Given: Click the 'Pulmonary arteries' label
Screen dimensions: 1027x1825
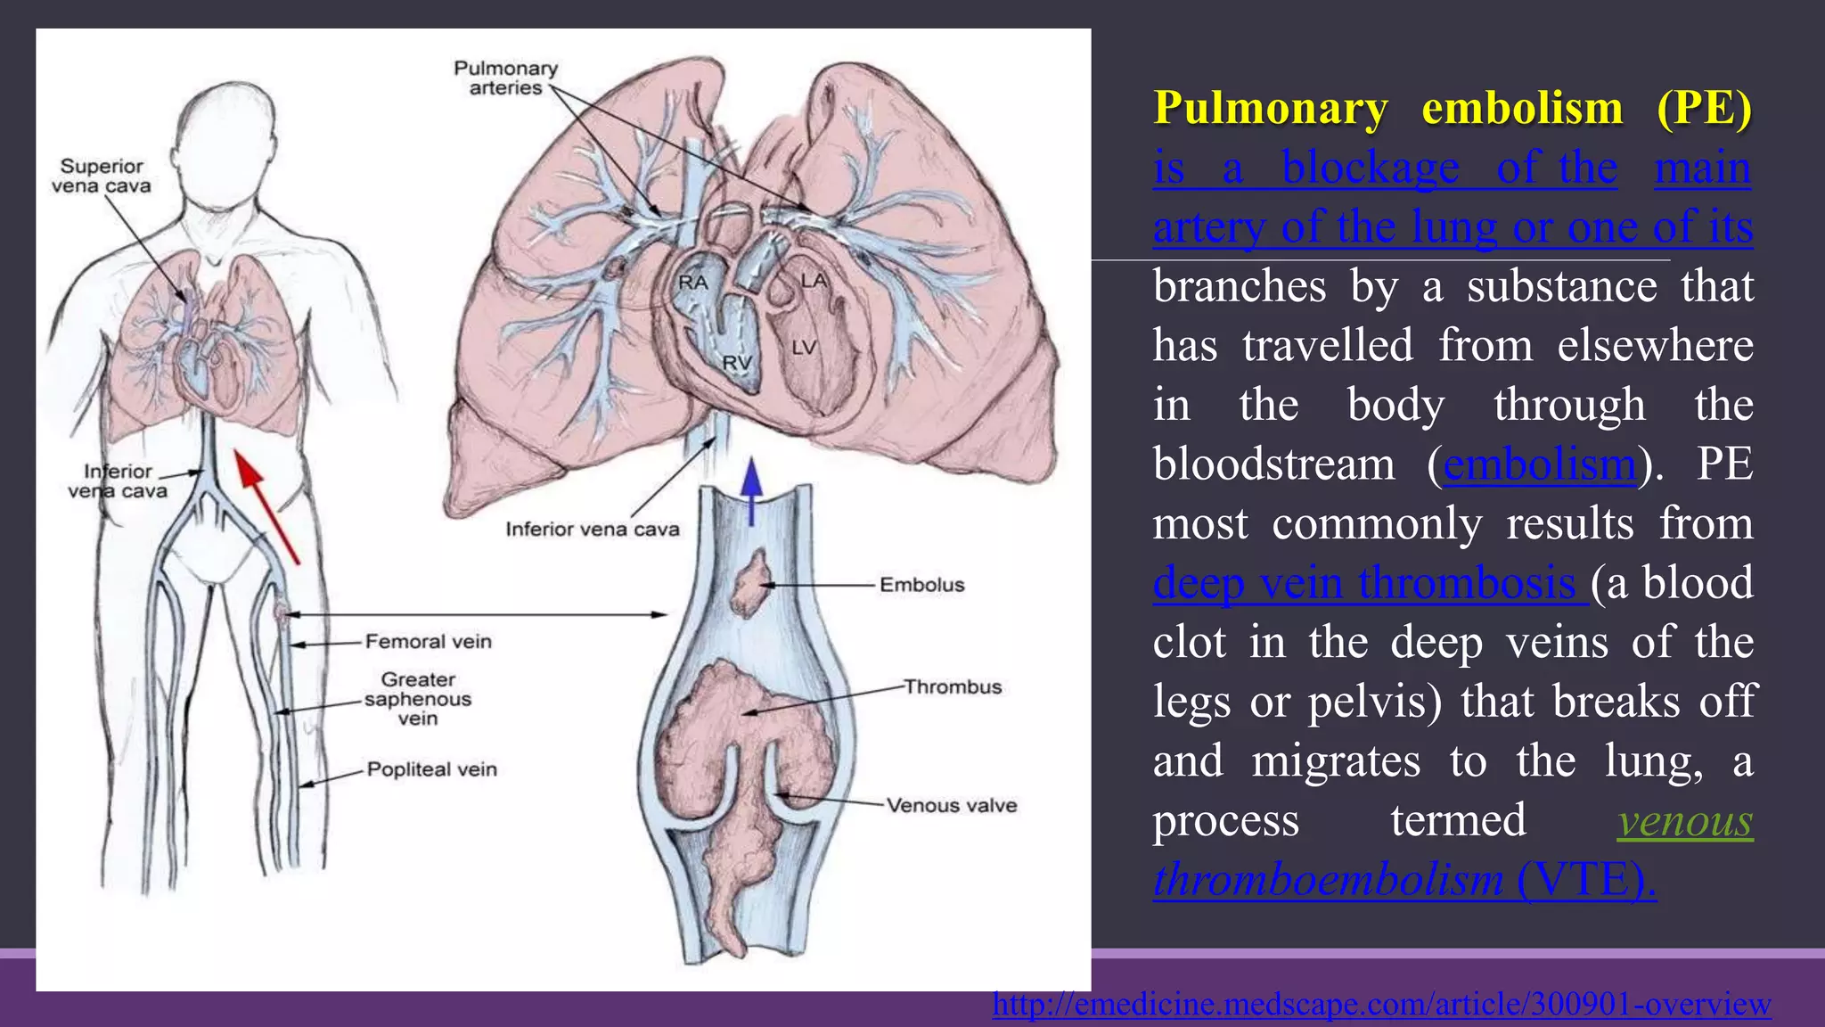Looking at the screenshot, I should coord(505,78).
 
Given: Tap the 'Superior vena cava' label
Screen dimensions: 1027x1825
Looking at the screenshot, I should coord(101,176).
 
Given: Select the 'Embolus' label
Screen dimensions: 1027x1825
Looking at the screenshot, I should coord(921,585).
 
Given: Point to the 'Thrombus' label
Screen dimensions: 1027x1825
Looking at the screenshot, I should coord(953,686).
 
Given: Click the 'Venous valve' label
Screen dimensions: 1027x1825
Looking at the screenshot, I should coord(951,805).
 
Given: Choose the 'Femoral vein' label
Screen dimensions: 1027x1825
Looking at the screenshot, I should coord(428,641).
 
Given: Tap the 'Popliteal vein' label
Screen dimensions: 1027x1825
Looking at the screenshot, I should coord(431,768).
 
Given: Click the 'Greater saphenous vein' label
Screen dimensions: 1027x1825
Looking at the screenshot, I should coord(418,699).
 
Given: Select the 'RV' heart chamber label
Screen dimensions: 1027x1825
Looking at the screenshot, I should coord(737,363).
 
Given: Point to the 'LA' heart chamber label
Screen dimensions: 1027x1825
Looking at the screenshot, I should coord(814,281).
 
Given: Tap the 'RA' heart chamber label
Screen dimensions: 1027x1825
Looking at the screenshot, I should coord(692,283).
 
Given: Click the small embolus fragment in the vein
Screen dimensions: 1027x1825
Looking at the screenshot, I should coord(749,584).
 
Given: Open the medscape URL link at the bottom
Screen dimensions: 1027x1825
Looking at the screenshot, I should coord(1381,1004).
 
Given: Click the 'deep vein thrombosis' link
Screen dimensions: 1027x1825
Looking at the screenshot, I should coord(1369,583).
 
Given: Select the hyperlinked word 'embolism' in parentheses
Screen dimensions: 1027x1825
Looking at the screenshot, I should coord(1539,464).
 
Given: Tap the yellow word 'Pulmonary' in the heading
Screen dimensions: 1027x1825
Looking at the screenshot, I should coord(1270,108).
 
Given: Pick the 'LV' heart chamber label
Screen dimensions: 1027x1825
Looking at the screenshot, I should coord(804,348).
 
